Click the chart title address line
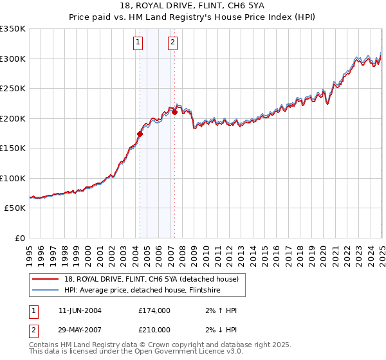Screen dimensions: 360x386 [192, 6]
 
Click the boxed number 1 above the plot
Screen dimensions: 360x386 [138, 43]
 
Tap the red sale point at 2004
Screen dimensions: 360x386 [140, 134]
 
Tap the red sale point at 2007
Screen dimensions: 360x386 [174, 112]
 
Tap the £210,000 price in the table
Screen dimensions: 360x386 [154, 329]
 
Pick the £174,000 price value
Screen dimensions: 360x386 [154, 310]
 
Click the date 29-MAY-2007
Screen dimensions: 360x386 [80, 329]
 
